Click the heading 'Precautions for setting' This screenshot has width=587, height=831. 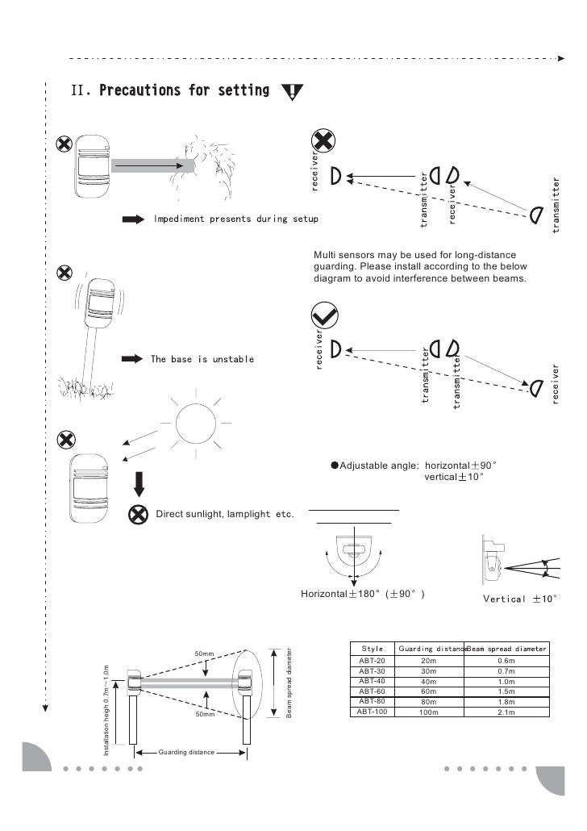pyautogui.click(x=183, y=90)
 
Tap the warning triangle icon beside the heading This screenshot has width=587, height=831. pyautogui.click(x=291, y=91)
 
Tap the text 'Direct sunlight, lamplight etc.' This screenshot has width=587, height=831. pyautogui.click(x=223, y=514)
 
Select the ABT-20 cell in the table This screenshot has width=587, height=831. pyautogui.click(x=372, y=660)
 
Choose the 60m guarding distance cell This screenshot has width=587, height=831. pyautogui.click(x=428, y=691)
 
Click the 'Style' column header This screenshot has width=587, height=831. pyautogui.click(x=373, y=648)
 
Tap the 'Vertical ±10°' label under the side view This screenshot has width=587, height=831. pyautogui.click(x=519, y=599)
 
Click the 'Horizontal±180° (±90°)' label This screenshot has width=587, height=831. pyautogui.click(x=363, y=594)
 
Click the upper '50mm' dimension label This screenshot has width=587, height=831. pyautogui.click(x=206, y=653)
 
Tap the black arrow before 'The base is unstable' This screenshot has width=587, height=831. pyautogui.click(x=132, y=358)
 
